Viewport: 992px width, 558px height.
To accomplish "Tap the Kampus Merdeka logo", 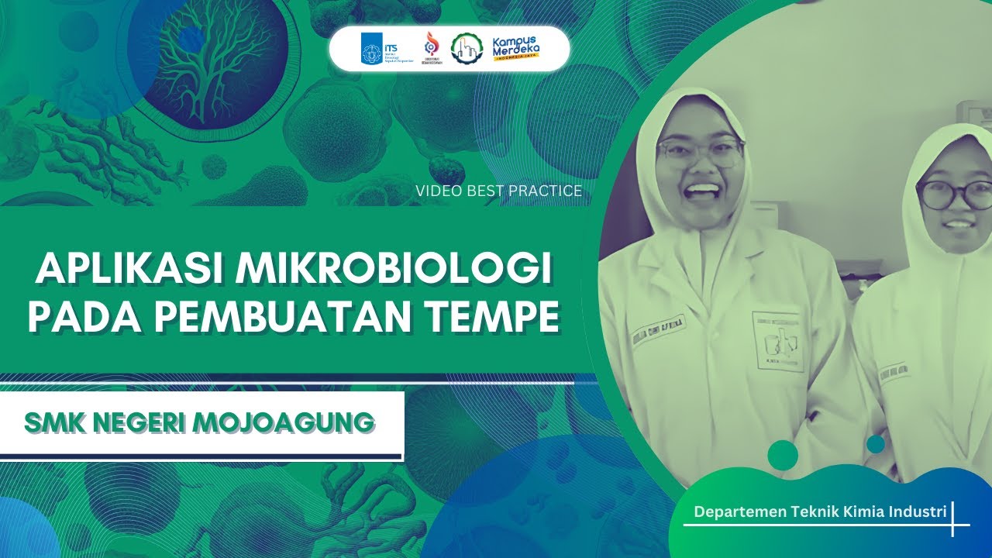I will [516, 49].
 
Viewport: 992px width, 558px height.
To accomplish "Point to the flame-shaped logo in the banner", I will [428, 49].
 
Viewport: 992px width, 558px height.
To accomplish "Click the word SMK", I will [55, 422].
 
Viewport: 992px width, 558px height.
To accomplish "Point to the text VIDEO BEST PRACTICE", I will [498, 191].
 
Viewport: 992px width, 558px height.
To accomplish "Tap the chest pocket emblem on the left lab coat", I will [777, 342].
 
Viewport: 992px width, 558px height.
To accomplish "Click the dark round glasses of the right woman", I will [946, 195].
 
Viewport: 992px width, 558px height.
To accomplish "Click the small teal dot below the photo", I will [876, 444].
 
